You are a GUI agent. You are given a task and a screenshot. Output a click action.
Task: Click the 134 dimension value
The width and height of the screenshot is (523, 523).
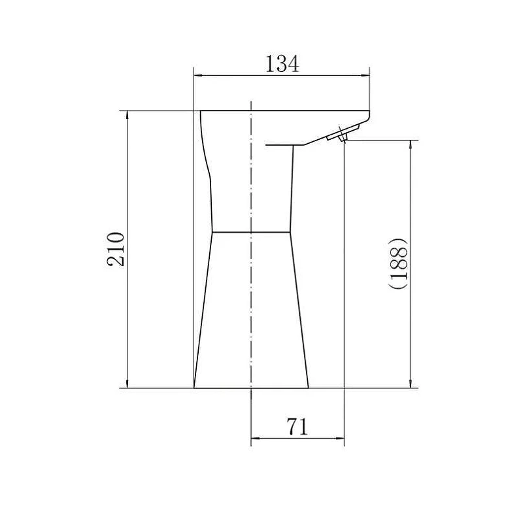pos(282,64)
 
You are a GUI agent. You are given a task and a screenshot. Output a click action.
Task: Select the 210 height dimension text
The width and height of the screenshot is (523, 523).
pos(116,249)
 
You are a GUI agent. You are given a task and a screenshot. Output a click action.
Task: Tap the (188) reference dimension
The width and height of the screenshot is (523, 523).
pos(398,263)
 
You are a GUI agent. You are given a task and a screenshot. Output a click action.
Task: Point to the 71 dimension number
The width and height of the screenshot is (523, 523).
pos(297,427)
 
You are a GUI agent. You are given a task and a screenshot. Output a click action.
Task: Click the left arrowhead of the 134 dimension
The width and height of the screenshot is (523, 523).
pos(198,76)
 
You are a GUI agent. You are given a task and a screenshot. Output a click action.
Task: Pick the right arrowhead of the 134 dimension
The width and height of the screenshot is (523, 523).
pos(365,76)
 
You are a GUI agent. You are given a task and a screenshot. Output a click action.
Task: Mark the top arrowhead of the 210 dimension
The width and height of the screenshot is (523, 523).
pos(127,115)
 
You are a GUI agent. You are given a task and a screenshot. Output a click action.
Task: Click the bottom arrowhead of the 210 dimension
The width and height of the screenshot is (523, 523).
pos(127,384)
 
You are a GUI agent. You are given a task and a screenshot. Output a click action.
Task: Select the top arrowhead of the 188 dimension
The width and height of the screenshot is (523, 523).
pos(411,144)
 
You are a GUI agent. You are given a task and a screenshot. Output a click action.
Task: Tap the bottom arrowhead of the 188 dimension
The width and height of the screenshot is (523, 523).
pos(411,384)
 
